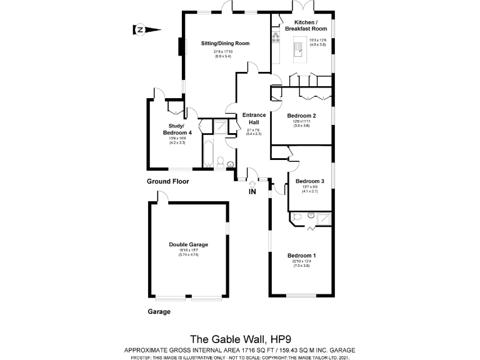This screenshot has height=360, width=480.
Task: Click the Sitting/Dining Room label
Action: click(225, 43)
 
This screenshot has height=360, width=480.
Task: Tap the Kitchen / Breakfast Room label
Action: click(306, 26)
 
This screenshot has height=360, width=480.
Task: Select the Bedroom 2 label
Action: click(301, 116)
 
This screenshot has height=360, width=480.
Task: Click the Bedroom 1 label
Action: click(301, 256)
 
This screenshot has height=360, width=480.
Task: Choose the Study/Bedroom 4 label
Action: click(174, 129)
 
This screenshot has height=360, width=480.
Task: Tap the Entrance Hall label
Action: click(254, 119)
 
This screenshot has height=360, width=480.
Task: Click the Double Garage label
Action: click(188, 244)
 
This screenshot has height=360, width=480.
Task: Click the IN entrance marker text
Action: click(252, 192)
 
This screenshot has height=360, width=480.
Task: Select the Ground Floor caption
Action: click(167, 181)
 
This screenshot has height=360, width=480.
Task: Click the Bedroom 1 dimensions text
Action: click(301, 264)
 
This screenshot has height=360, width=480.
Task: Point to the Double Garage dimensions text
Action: click(188, 252)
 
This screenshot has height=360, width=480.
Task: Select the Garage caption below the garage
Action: click(158, 311)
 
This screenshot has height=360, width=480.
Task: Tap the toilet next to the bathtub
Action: click(221, 162)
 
